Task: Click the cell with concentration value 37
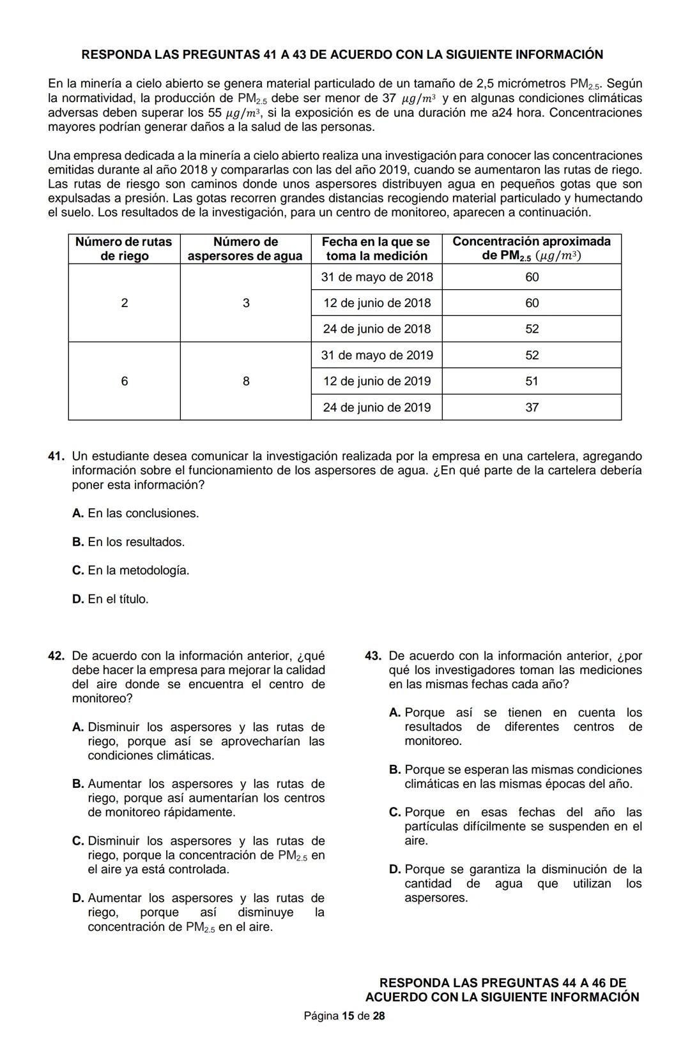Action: click(x=532, y=407)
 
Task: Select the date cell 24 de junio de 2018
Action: click(x=376, y=329)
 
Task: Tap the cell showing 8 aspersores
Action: click(x=246, y=381)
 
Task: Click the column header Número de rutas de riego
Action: click(x=124, y=249)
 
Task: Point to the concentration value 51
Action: click(x=532, y=381)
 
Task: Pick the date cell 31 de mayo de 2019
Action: click(x=376, y=355)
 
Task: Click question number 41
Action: click(x=56, y=456)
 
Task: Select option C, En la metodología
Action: click(x=130, y=570)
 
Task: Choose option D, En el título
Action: click(x=110, y=599)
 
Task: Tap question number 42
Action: click(x=56, y=656)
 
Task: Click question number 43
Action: click(x=373, y=656)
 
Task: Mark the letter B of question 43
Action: click(x=395, y=770)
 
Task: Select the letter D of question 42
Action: click(x=78, y=898)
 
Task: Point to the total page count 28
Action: click(x=379, y=1016)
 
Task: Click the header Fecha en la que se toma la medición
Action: click(x=376, y=249)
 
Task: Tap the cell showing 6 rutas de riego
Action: click(x=124, y=381)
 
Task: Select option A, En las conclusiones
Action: click(x=135, y=513)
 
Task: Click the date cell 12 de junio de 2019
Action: click(x=376, y=381)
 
